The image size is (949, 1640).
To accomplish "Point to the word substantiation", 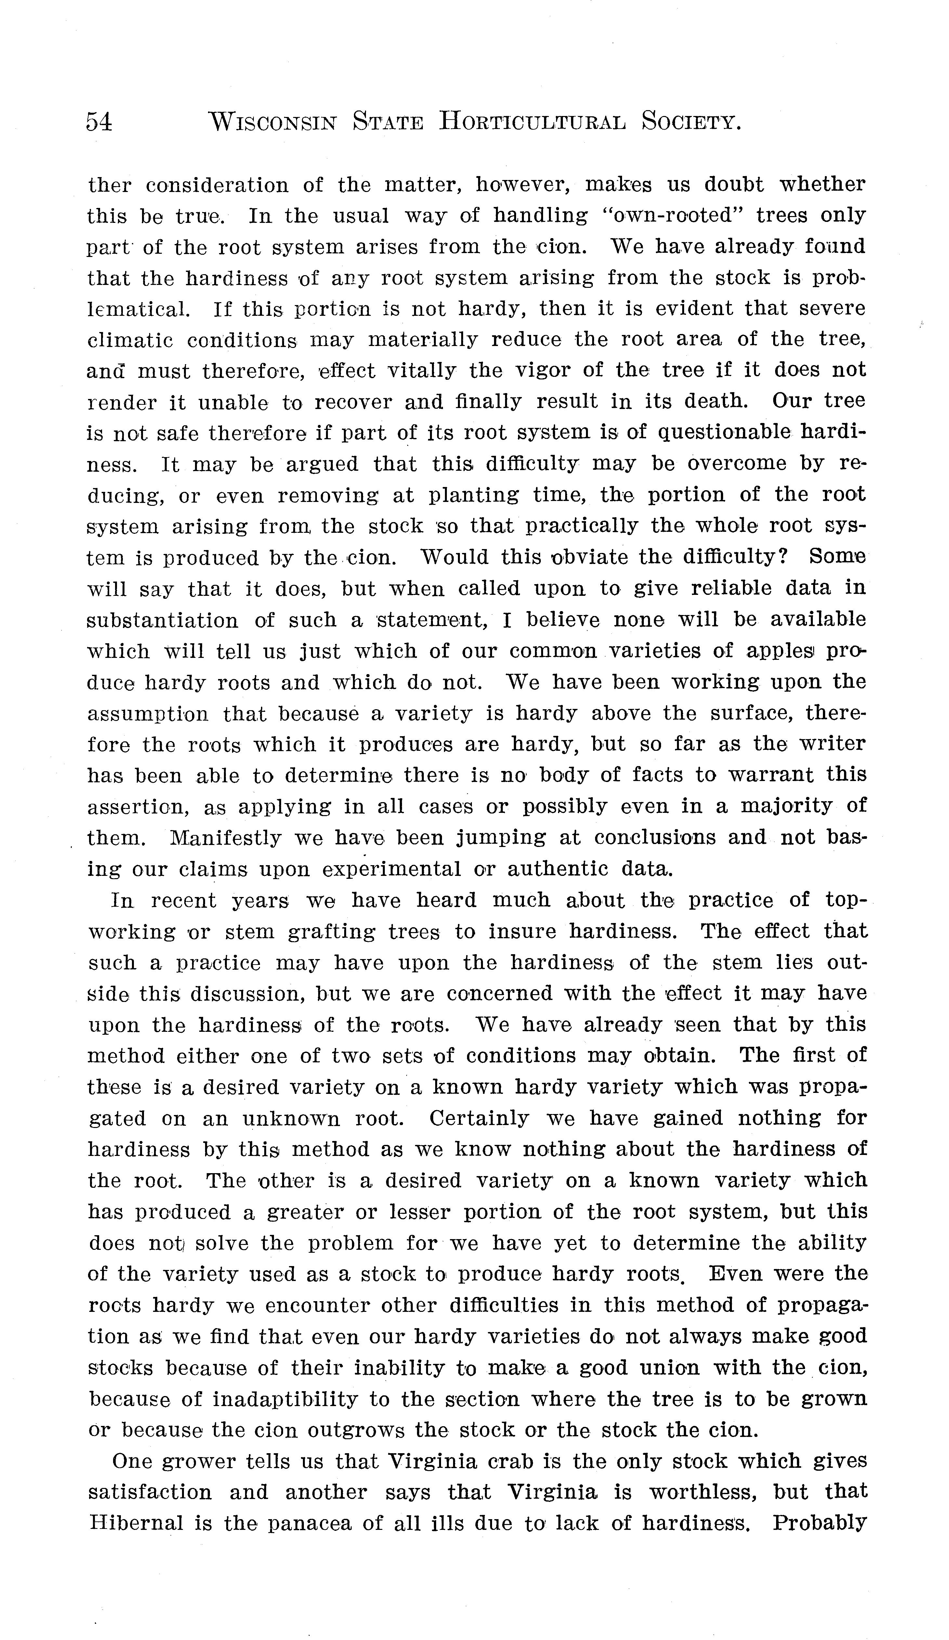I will click(163, 620).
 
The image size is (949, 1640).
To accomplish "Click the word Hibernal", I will click(136, 1523).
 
